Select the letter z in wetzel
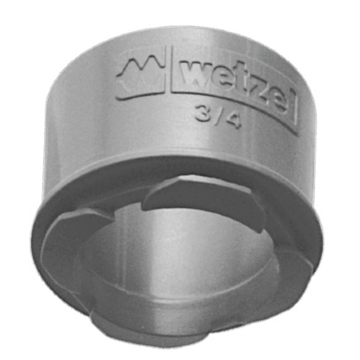253,91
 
